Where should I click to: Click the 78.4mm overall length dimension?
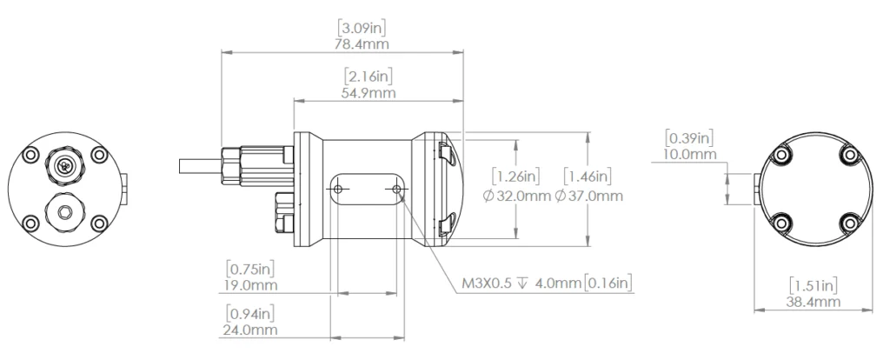[x=362, y=43]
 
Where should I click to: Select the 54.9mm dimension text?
[x=369, y=92]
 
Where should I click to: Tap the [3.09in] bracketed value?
[x=362, y=27]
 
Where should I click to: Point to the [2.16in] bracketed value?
[x=369, y=77]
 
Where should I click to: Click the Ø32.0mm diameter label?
[x=516, y=196]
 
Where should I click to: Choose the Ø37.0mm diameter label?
[x=588, y=196]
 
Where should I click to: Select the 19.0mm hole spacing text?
[x=249, y=285]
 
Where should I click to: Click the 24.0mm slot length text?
[x=249, y=330]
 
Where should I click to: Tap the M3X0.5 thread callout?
[x=487, y=283]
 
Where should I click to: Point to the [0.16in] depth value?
[x=608, y=283]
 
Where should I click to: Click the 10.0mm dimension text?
[x=689, y=154]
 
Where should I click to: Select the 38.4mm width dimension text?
[x=813, y=302]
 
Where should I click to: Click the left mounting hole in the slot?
[x=338, y=189]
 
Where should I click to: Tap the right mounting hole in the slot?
[x=396, y=189]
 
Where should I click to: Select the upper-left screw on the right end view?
[x=782, y=155]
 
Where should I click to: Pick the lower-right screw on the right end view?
[x=849, y=223]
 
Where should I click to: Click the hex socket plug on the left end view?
[x=66, y=212]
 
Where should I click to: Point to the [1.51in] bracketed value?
[x=813, y=285]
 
